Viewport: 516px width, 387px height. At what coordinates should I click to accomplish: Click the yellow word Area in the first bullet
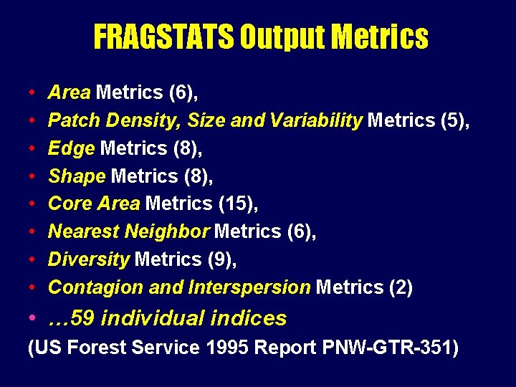coord(69,92)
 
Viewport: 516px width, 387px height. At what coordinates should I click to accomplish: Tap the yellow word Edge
coord(71,148)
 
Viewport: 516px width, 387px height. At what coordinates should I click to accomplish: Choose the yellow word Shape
coord(77,176)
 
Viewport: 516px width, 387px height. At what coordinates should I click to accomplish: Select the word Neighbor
coord(166,231)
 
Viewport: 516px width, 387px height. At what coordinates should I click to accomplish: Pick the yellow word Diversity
coord(88,259)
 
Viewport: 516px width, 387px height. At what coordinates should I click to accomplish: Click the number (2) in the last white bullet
coord(401,287)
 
